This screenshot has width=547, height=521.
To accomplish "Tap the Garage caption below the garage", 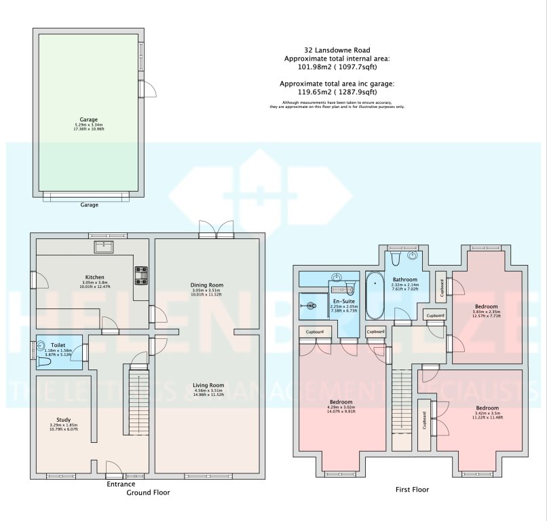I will (90, 204).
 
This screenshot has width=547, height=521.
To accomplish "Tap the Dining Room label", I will (206, 285).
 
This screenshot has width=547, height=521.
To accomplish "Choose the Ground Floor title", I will (148, 492).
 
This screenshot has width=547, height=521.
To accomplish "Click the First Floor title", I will (412, 489).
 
